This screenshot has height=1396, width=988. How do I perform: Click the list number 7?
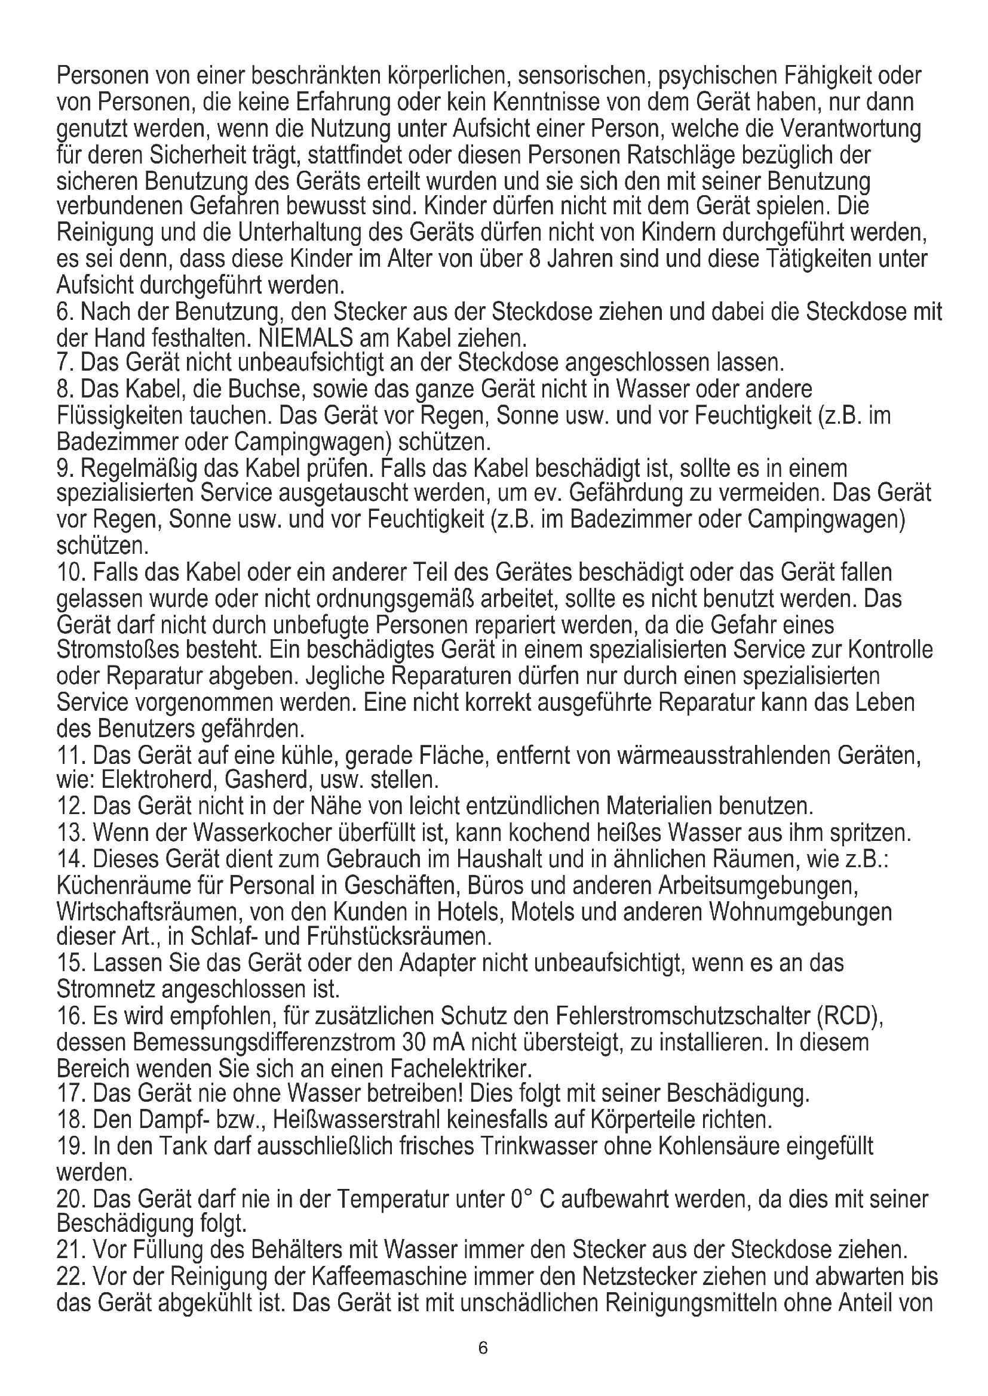64,363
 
